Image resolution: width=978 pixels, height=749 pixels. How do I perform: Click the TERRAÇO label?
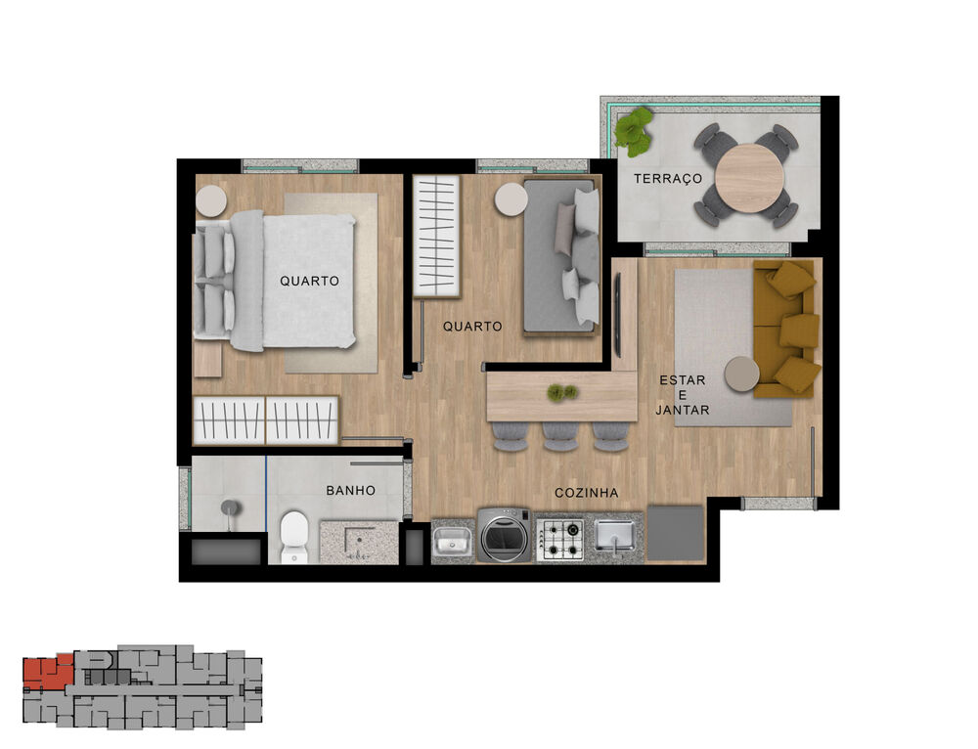pos(668,179)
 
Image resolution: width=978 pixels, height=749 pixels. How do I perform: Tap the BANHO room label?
pos(350,490)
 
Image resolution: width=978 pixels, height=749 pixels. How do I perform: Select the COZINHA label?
pos(587,493)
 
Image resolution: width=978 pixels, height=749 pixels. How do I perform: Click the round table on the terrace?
pos(749,178)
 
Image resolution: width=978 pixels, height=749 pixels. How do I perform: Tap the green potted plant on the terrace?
pos(634,130)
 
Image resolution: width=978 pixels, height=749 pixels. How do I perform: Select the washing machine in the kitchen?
pos(505,536)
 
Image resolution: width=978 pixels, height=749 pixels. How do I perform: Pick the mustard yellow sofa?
pos(786,329)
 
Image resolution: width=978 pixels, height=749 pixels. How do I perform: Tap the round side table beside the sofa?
pos(742,374)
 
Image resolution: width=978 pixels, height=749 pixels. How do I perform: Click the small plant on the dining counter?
pos(561,392)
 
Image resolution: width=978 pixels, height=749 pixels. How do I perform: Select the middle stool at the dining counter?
pos(560,436)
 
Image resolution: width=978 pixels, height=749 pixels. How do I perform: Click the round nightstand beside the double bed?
pos(211,201)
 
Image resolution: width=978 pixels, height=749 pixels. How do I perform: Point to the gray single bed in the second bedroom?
pos(560,256)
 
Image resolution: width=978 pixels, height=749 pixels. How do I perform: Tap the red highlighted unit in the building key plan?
pos(47,672)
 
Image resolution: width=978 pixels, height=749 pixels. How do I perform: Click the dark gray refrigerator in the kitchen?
pos(676,534)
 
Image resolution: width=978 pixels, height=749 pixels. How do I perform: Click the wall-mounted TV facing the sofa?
pos(618,316)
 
